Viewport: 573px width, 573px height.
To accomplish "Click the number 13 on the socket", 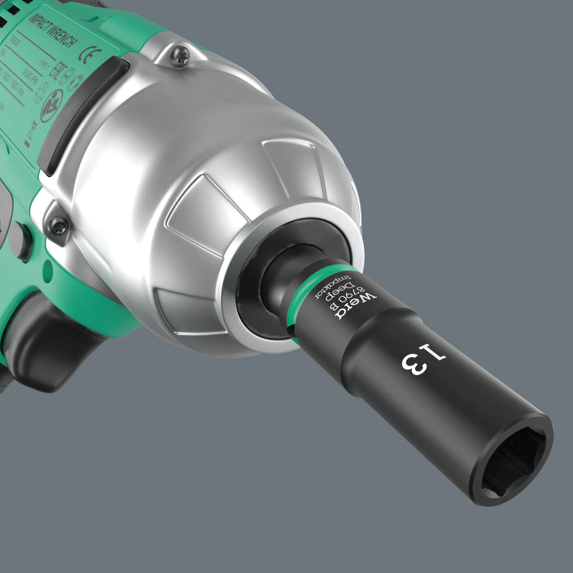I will click(x=423, y=359).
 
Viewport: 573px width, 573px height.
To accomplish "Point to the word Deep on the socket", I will click(x=336, y=296).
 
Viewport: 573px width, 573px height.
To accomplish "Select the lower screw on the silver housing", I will click(x=59, y=227).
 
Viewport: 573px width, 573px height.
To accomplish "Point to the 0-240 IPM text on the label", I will click(x=50, y=87).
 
